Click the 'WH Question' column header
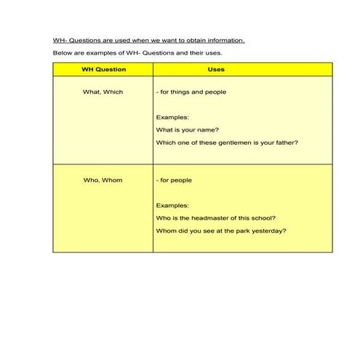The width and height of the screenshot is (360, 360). pyautogui.click(x=103, y=70)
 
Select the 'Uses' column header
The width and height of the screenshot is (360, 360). pyautogui.click(x=216, y=70)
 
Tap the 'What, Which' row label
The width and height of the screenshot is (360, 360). pyautogui.click(x=103, y=92)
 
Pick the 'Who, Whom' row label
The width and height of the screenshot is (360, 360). pyautogui.click(x=103, y=180)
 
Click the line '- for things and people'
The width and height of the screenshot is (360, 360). pyautogui.click(x=191, y=92)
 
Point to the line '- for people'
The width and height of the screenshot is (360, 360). pyautogui.click(x=175, y=180)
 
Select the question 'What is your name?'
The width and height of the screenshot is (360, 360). pyautogui.click(x=188, y=130)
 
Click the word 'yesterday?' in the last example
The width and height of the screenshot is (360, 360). pyautogui.click(x=269, y=231)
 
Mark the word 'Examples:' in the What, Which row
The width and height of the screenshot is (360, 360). pyautogui.click(x=172, y=117)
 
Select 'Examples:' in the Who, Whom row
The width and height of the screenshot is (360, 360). pyautogui.click(x=172, y=206)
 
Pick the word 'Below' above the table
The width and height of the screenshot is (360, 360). pyautogui.click(x=63, y=54)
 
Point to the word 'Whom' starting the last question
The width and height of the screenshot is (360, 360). pyautogui.click(x=166, y=231)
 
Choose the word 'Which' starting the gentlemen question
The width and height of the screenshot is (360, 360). pyautogui.click(x=165, y=143)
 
